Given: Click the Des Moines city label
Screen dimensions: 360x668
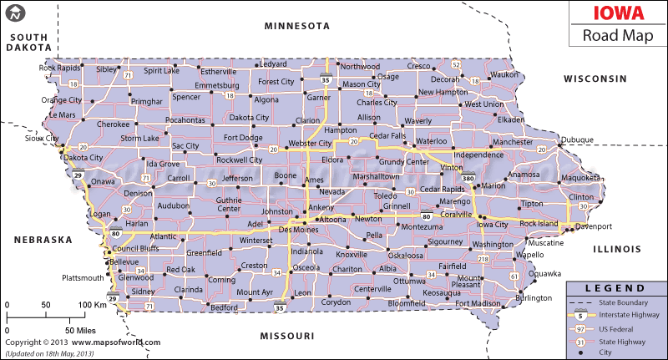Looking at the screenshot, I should tap(298, 229).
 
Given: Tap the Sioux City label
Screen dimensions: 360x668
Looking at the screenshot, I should tap(41, 139).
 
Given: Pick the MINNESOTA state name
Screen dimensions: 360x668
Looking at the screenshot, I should tap(297, 26).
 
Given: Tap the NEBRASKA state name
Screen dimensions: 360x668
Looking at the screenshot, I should tap(43, 240).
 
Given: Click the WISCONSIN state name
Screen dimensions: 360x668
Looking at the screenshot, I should tap(595, 79).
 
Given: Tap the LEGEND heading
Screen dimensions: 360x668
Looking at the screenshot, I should tap(616, 286).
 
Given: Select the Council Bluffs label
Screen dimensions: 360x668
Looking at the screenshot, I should tap(135, 249).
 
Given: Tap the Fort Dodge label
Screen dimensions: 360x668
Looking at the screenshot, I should tap(243, 138).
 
